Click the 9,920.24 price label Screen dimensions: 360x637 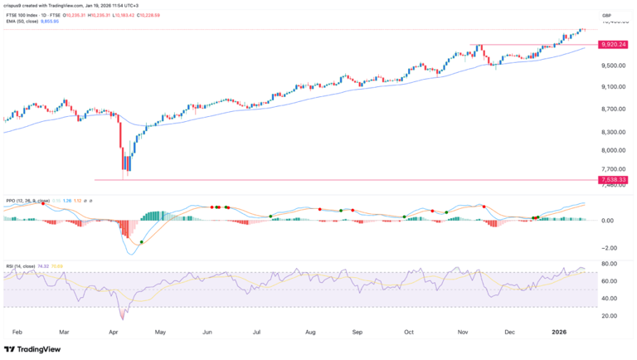(614, 45)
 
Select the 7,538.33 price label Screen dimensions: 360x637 (614, 179)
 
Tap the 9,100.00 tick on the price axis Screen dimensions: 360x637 (612, 86)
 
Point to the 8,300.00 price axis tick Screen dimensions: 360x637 (612, 131)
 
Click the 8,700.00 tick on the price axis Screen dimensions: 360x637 (612, 109)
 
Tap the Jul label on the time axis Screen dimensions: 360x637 (258, 329)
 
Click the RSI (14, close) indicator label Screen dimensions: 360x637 (22, 266)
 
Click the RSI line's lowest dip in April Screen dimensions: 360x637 (123, 318)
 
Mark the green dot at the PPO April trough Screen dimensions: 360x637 (142, 241)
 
